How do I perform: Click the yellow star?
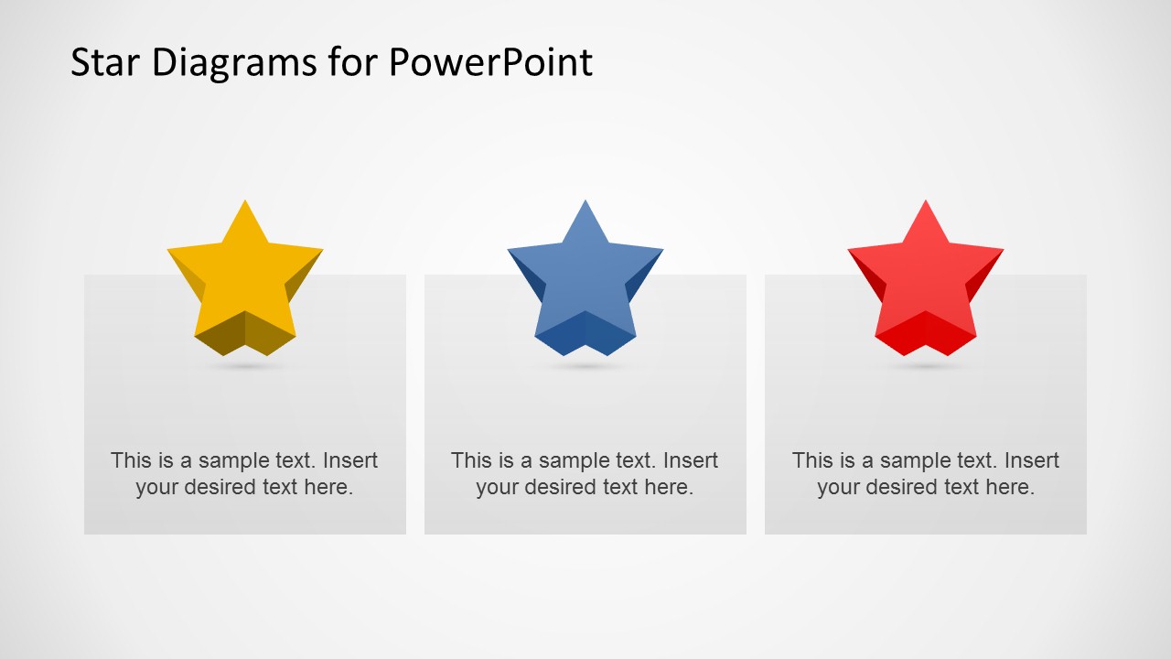pyautogui.click(x=245, y=279)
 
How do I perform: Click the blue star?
pyautogui.click(x=585, y=279)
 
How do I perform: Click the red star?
pyautogui.click(x=926, y=279)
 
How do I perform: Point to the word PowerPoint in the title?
pyautogui.click(x=490, y=62)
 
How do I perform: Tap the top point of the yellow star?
pyautogui.click(x=245, y=204)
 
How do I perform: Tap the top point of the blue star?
pyautogui.click(x=585, y=204)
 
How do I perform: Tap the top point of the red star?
pyautogui.click(x=926, y=204)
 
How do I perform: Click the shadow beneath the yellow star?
pyautogui.click(x=245, y=366)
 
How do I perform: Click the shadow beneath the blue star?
pyautogui.click(x=585, y=366)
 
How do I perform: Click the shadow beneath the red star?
pyautogui.click(x=926, y=366)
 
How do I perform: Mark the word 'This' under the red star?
pyautogui.click(x=811, y=460)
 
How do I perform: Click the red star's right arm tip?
pyautogui.click(x=1000, y=251)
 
